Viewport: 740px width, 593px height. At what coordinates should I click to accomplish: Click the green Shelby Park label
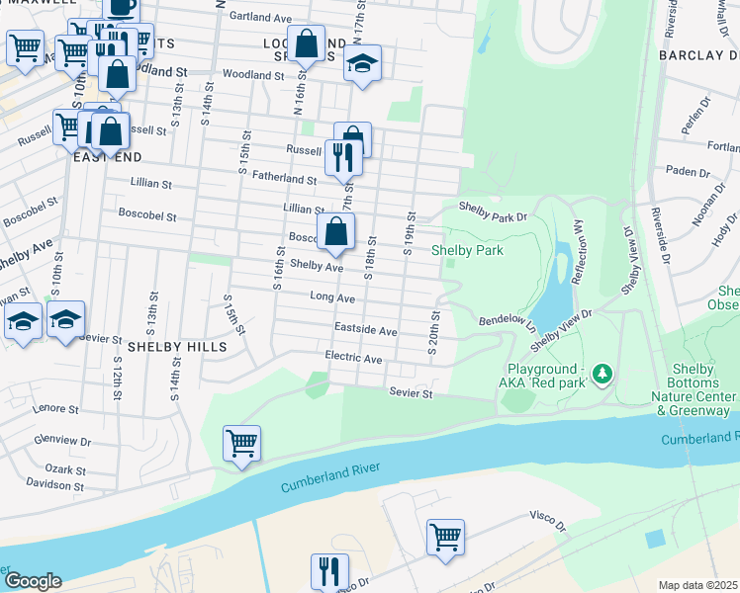[x=467, y=250]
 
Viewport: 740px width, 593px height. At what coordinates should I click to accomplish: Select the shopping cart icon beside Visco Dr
[x=445, y=538]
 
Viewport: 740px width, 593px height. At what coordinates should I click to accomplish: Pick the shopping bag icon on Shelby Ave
[x=335, y=232]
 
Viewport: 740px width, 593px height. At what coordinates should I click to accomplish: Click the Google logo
[x=33, y=580]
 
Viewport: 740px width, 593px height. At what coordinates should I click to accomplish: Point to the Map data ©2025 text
[x=698, y=585]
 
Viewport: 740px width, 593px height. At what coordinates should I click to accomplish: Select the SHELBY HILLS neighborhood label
[x=177, y=347]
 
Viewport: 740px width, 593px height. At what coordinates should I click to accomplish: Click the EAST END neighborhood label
[x=108, y=157]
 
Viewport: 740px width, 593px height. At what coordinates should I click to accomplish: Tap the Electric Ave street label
[x=353, y=358]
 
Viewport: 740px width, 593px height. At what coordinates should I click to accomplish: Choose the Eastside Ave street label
[x=365, y=330]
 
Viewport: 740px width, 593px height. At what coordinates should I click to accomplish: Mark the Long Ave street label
[x=331, y=296]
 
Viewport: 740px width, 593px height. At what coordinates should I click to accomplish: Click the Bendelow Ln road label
[x=506, y=322]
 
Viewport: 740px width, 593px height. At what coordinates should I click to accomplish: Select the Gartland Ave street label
[x=260, y=17]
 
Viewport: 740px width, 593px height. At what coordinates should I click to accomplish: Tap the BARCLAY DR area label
[x=698, y=54]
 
